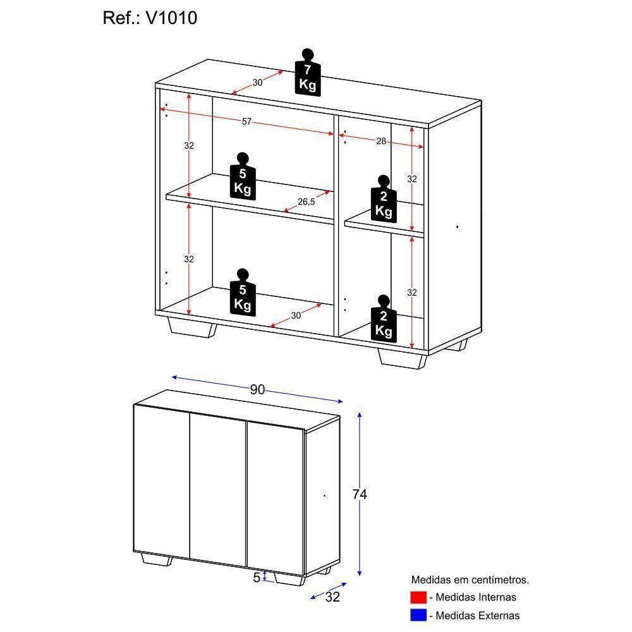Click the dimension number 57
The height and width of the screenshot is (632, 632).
(x=247, y=122)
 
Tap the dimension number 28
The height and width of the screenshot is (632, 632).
(x=381, y=142)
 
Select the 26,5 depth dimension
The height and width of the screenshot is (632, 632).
(x=307, y=202)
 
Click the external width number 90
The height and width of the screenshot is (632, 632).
(x=257, y=390)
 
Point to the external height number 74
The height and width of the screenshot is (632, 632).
(x=359, y=494)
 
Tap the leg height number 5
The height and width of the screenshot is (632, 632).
(x=257, y=577)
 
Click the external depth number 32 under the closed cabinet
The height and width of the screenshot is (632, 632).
(x=332, y=597)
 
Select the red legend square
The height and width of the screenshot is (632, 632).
(x=418, y=597)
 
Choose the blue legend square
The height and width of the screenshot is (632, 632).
(x=418, y=615)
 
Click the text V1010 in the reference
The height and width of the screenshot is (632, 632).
(x=171, y=18)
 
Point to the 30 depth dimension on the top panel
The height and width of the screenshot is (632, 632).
(x=257, y=83)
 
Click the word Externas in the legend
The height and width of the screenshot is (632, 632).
(x=499, y=615)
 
